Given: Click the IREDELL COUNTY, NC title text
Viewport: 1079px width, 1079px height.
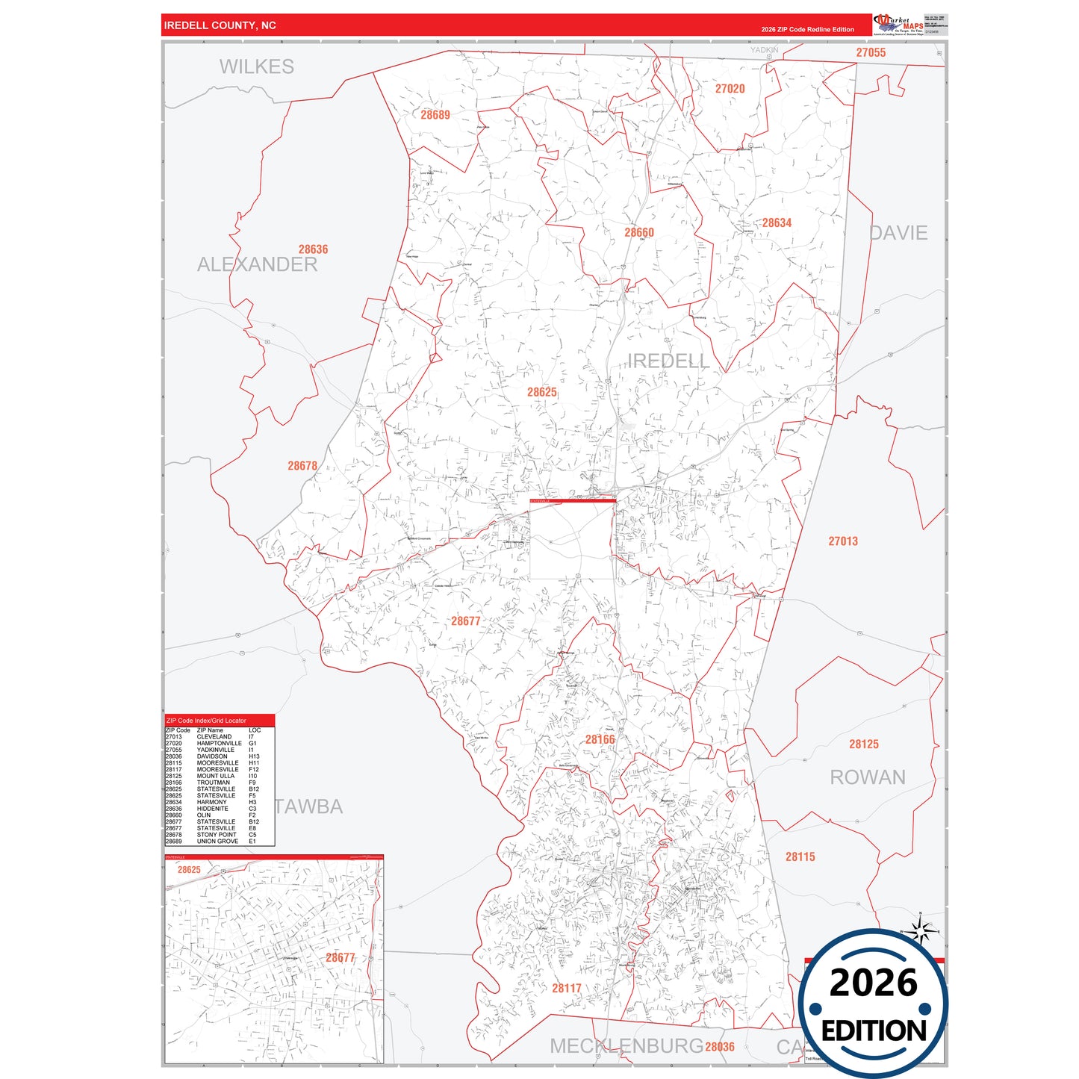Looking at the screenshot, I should click(220, 25).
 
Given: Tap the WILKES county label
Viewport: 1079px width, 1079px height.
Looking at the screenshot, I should click(256, 66).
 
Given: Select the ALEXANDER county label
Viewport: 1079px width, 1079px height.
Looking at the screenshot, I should click(257, 264).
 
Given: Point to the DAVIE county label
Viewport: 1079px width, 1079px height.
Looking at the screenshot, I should click(898, 233).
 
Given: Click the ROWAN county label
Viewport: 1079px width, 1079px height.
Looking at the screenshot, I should click(867, 777).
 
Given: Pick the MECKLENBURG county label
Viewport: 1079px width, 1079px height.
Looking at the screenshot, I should click(626, 1046).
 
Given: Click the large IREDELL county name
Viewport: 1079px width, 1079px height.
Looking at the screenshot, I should click(668, 361).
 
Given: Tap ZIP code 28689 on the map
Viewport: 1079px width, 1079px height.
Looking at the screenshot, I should click(435, 115).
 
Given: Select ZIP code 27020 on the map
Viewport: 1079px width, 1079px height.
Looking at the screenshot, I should click(730, 89).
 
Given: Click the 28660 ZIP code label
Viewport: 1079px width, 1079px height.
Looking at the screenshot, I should click(638, 232).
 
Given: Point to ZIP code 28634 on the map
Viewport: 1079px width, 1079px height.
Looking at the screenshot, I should click(777, 223).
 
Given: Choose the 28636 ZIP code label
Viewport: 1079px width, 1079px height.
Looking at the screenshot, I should click(313, 249).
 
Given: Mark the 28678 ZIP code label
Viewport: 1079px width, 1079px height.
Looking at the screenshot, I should click(302, 466).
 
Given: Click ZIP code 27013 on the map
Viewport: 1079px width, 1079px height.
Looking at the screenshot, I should click(842, 541).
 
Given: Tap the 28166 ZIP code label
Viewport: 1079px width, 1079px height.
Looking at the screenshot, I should click(600, 739).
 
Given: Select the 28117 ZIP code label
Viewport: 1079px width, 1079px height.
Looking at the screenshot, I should click(566, 988).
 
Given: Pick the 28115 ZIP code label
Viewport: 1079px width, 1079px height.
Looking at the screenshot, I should click(800, 856).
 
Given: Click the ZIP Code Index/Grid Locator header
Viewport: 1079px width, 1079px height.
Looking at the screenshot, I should click(206, 721).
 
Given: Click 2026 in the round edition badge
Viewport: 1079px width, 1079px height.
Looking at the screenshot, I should click(873, 983).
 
